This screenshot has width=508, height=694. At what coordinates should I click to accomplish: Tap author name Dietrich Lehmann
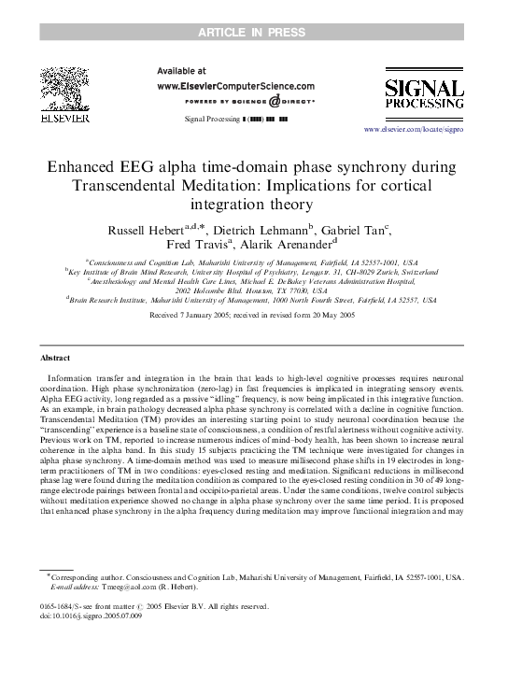268,229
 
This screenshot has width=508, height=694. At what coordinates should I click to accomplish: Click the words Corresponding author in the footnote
79,578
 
